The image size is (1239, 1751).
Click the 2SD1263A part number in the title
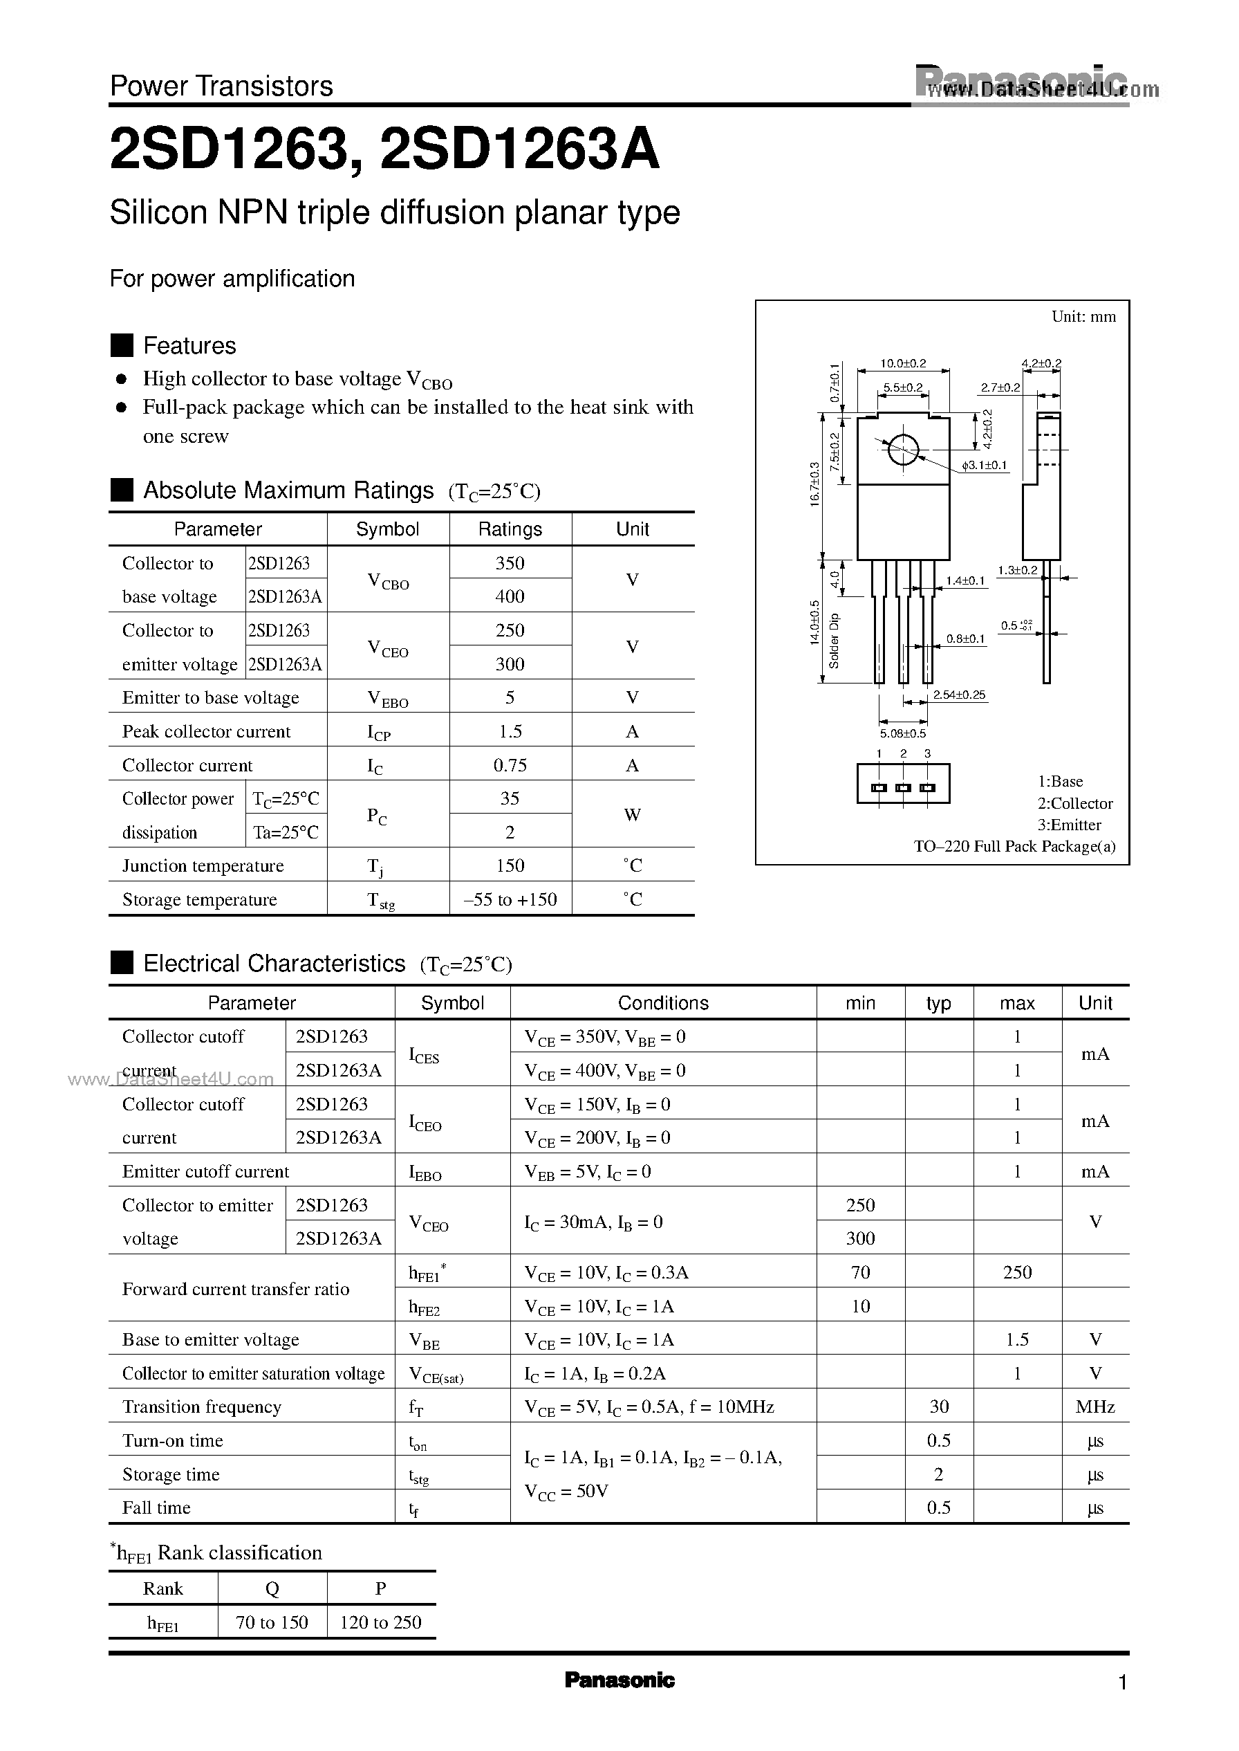(519, 150)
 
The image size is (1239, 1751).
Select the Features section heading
(189, 346)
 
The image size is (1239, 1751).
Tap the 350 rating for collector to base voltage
(510, 563)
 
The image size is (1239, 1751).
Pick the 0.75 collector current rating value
(510, 765)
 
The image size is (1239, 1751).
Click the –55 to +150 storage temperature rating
(510, 899)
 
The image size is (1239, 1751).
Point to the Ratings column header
(510, 529)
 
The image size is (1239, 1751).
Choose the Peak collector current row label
(206, 731)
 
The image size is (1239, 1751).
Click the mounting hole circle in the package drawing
(903, 450)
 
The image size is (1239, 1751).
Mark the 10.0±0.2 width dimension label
(902, 363)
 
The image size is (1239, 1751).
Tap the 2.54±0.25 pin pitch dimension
(959, 695)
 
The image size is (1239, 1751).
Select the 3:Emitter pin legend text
(1069, 825)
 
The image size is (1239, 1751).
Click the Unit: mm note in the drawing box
(1083, 316)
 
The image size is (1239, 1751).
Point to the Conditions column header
(663, 1003)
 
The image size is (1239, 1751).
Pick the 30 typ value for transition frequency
(938, 1406)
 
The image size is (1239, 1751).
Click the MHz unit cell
(1094, 1406)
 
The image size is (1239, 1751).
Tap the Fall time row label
(156, 1507)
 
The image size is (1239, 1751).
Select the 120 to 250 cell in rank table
(380, 1622)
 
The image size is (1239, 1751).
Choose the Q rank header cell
(272, 1588)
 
